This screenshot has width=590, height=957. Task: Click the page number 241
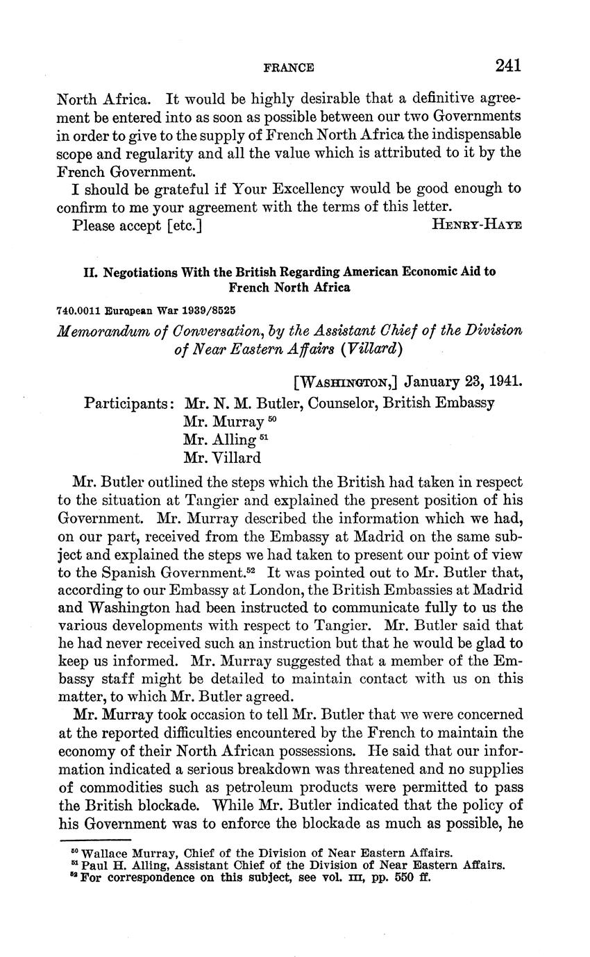pos(508,66)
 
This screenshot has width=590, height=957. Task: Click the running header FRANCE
pos(289,67)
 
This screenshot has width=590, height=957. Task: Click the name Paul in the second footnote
pos(94,865)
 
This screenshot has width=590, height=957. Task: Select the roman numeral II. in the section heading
pos(91,272)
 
